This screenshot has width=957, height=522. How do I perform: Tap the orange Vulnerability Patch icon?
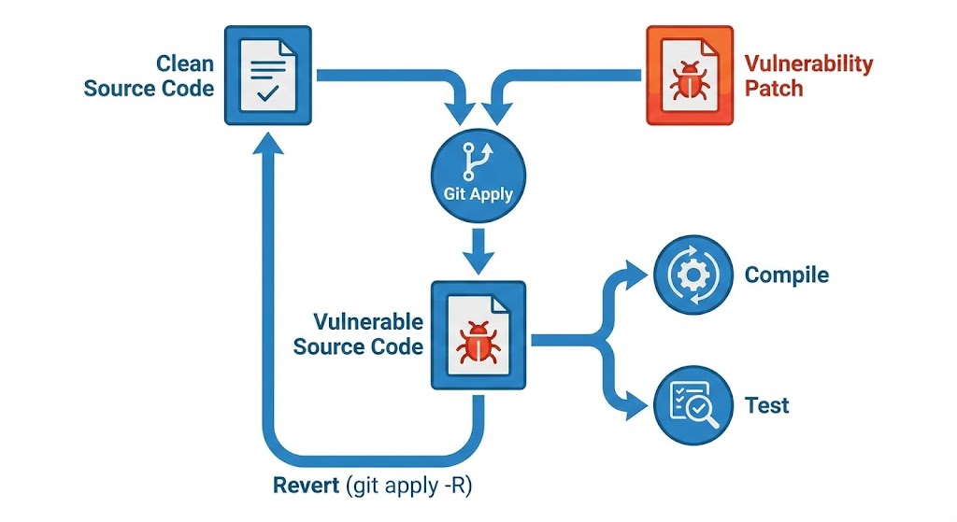(x=690, y=76)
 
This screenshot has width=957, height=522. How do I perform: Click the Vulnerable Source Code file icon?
(x=478, y=335)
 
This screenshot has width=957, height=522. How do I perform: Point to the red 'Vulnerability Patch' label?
(x=808, y=77)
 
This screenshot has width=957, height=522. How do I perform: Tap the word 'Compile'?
(x=786, y=275)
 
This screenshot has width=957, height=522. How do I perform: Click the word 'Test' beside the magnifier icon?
(x=766, y=406)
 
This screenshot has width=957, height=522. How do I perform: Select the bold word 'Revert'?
(x=307, y=487)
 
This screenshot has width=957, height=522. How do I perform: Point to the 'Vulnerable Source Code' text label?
(x=359, y=334)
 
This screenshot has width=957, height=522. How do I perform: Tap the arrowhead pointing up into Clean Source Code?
(x=268, y=142)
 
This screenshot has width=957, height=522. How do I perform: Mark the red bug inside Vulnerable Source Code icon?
(x=477, y=343)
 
